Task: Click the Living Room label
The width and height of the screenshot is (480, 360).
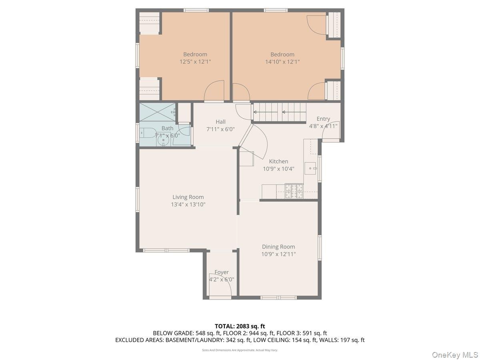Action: pos(188,197)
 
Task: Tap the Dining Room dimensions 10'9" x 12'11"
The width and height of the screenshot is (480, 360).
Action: pos(278,254)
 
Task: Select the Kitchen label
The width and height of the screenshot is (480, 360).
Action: pos(278,161)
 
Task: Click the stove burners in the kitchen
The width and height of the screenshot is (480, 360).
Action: pos(294,191)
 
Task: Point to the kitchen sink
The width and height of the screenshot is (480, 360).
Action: pos(310,168)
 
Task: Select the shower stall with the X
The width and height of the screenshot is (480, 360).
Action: pos(157,112)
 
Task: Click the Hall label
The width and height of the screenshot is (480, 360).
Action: pos(220,122)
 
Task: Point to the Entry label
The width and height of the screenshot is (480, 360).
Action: pos(323,119)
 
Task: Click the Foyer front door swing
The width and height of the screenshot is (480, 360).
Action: pos(220,284)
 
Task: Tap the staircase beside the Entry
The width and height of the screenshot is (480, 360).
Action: pos(280,112)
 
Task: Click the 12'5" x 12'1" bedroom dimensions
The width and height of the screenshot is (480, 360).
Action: pos(195,62)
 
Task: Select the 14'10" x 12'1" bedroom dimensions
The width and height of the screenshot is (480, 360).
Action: pos(282,62)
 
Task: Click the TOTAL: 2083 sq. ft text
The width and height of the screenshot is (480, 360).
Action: pos(240,326)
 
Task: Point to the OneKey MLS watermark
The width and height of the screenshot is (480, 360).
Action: pos(455,354)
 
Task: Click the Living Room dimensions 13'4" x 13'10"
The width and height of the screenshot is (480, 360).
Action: pos(188,204)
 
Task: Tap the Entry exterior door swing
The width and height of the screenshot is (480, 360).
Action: pos(331,130)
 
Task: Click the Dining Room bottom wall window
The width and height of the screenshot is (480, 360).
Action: pos(278,298)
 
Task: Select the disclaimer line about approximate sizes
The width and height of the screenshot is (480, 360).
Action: pos(240,350)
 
